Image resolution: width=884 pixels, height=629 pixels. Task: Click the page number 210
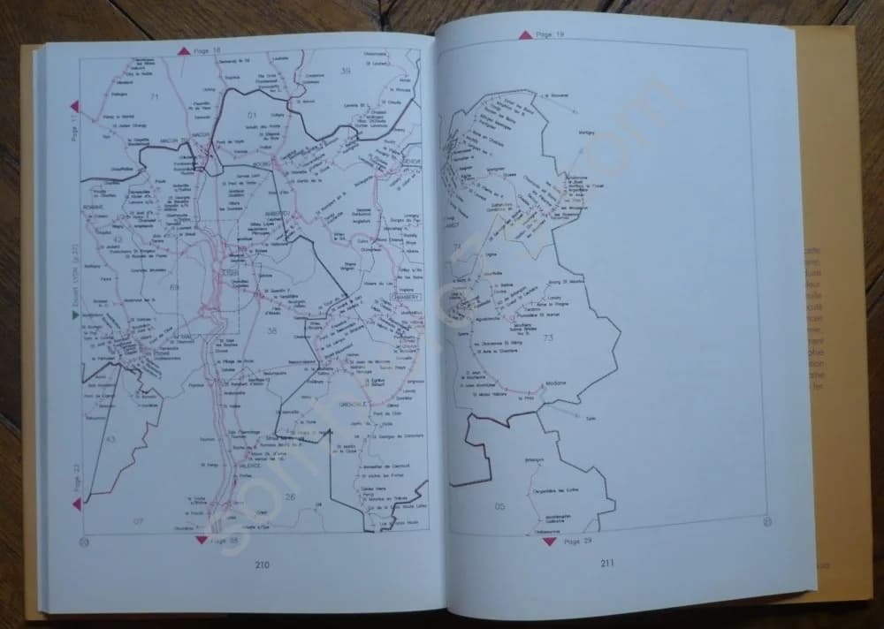(x=262, y=565)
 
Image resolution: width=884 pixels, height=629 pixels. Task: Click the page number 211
(x=607, y=563)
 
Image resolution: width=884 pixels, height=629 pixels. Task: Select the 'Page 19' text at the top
(x=550, y=34)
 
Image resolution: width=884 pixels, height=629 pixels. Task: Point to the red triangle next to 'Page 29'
(x=549, y=541)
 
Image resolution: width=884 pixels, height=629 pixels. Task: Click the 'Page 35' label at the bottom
(x=224, y=539)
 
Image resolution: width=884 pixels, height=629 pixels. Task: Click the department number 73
(x=548, y=338)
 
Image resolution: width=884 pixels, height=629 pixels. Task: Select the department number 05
(x=499, y=505)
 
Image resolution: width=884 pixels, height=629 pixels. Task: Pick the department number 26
(x=289, y=496)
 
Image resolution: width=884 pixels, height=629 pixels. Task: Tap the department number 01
(x=251, y=115)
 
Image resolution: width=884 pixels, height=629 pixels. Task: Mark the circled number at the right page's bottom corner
(x=766, y=519)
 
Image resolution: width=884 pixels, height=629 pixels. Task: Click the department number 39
(x=346, y=70)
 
